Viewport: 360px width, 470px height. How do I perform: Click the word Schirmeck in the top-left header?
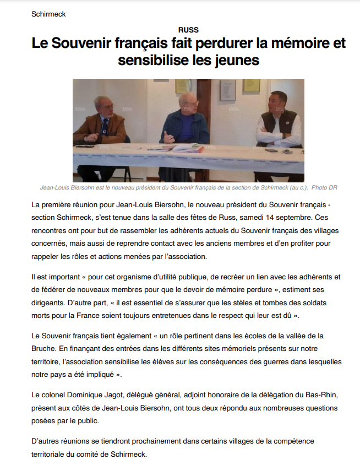tap(48, 14)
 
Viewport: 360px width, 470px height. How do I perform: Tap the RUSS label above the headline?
tap(188, 30)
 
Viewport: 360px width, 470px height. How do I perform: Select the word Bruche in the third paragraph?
tap(45, 348)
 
